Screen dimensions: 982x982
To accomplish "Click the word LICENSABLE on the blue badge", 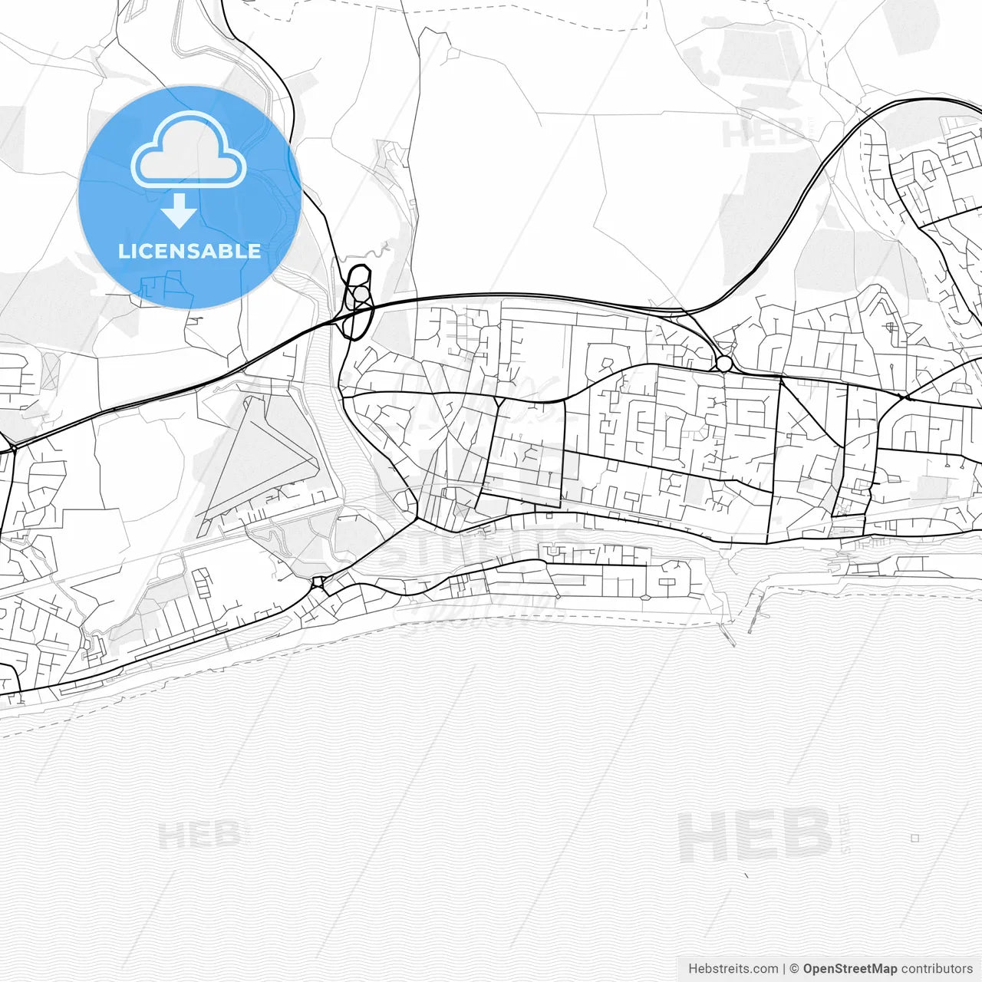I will [x=189, y=251].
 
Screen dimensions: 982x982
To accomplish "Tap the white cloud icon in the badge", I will [x=189, y=151].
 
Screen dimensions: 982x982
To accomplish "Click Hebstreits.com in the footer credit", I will [x=733, y=969].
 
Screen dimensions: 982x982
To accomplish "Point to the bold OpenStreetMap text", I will [x=849, y=969].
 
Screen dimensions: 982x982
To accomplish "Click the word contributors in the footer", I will [x=937, y=969].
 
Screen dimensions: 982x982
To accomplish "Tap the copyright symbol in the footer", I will [x=794, y=969].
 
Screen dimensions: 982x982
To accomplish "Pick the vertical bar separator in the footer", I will [x=784, y=969].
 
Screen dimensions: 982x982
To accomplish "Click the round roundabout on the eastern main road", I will [x=723, y=363].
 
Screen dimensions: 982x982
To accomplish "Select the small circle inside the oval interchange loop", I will [x=359, y=295].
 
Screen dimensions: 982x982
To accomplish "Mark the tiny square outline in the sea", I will [x=914, y=839].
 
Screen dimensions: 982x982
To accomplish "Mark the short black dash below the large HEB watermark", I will [x=746, y=875].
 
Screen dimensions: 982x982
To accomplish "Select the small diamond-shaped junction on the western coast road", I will [x=318, y=582].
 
